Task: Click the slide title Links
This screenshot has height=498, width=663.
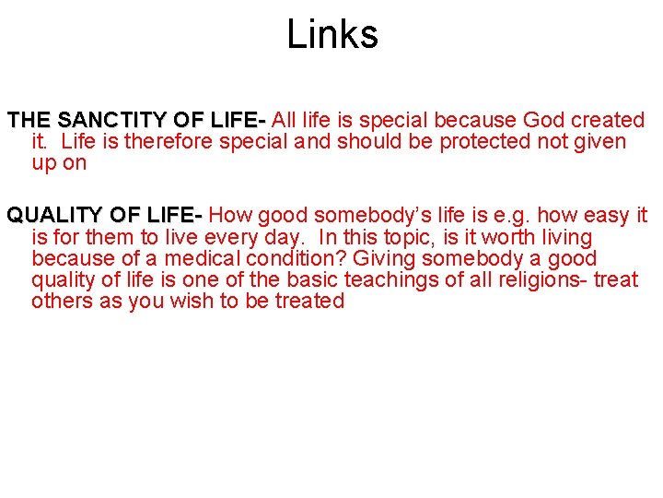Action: tap(331, 35)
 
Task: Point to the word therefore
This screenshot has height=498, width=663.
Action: tap(169, 142)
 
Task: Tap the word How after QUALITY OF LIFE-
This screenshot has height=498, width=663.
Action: tap(231, 216)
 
